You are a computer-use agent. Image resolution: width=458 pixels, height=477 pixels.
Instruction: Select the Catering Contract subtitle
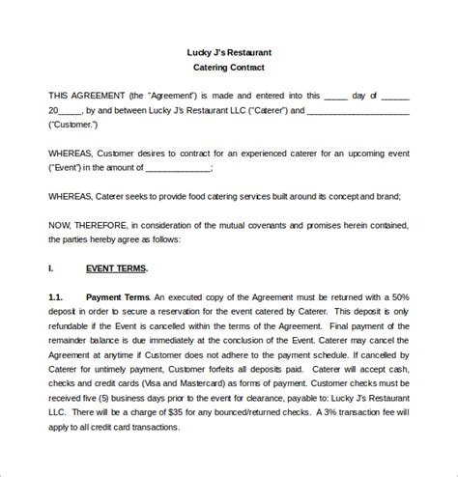click(x=229, y=68)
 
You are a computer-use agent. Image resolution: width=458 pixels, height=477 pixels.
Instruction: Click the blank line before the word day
click(x=335, y=96)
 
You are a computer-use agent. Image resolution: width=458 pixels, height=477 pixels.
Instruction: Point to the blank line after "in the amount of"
click(x=174, y=168)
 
